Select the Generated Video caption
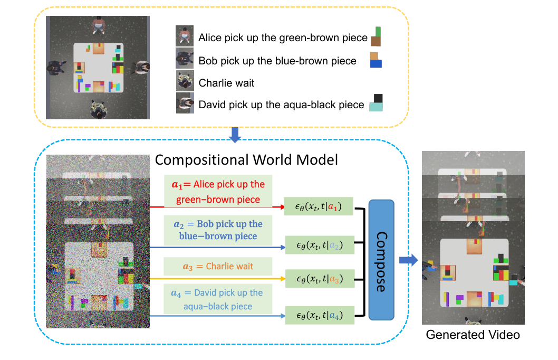(473, 335)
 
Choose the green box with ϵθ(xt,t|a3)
(320, 279)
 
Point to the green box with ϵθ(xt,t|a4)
(320, 315)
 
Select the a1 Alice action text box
(218, 192)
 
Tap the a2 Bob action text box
(218, 230)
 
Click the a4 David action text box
(218, 299)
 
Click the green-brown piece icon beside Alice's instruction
(376, 37)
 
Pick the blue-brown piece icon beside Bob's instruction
(376, 60)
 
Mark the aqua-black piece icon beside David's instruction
(376, 103)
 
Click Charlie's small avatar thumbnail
(185, 81)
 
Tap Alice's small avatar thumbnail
(185, 36)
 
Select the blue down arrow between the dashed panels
(236, 135)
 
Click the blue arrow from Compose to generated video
(408, 260)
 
